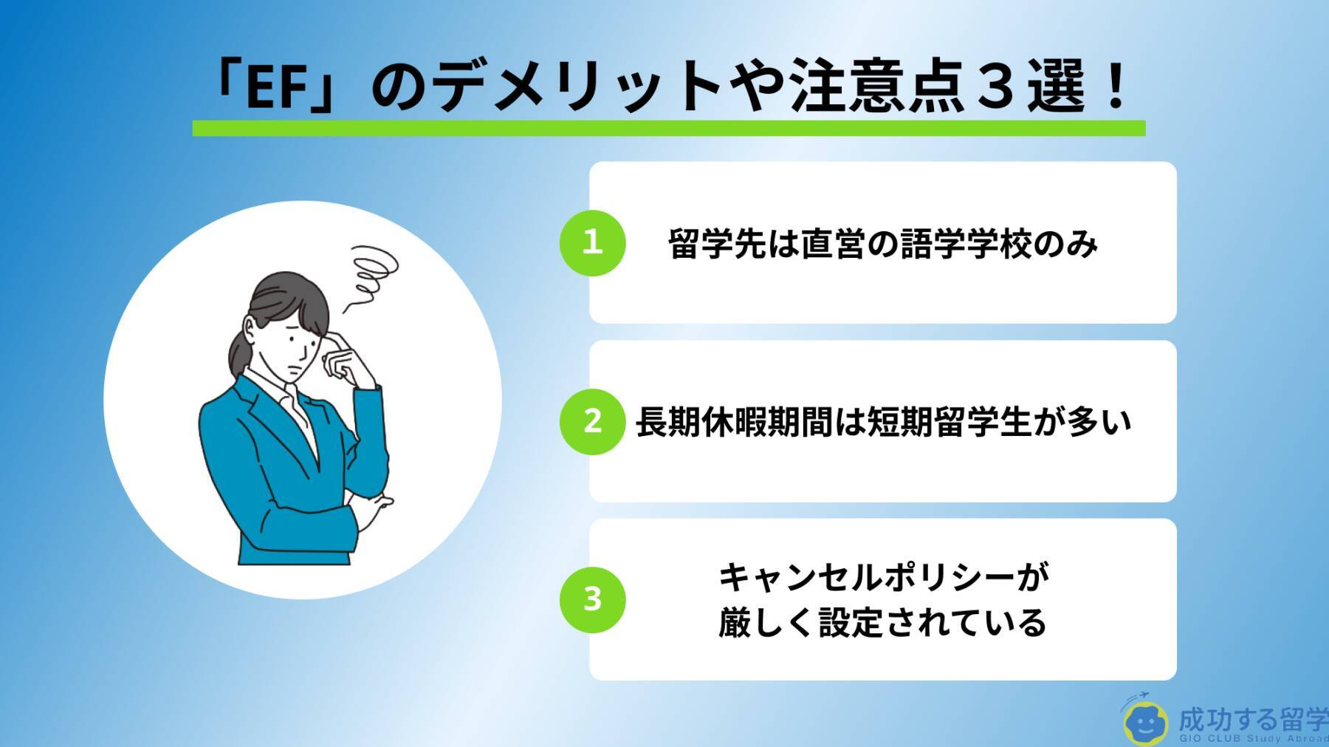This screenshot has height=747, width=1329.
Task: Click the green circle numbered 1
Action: (x=592, y=242)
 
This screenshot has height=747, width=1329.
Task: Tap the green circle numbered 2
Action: (x=592, y=421)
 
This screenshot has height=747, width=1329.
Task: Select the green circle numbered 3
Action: (x=592, y=599)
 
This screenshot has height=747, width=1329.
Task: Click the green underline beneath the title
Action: (x=669, y=128)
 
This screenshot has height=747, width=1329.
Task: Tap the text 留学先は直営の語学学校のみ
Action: (x=882, y=244)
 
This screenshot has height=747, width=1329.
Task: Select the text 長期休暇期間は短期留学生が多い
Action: (x=883, y=422)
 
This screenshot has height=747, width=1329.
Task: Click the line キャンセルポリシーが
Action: (x=883, y=577)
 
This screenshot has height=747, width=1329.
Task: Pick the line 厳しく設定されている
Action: (x=882, y=622)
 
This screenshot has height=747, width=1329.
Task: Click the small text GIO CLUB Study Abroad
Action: (x=1254, y=740)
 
